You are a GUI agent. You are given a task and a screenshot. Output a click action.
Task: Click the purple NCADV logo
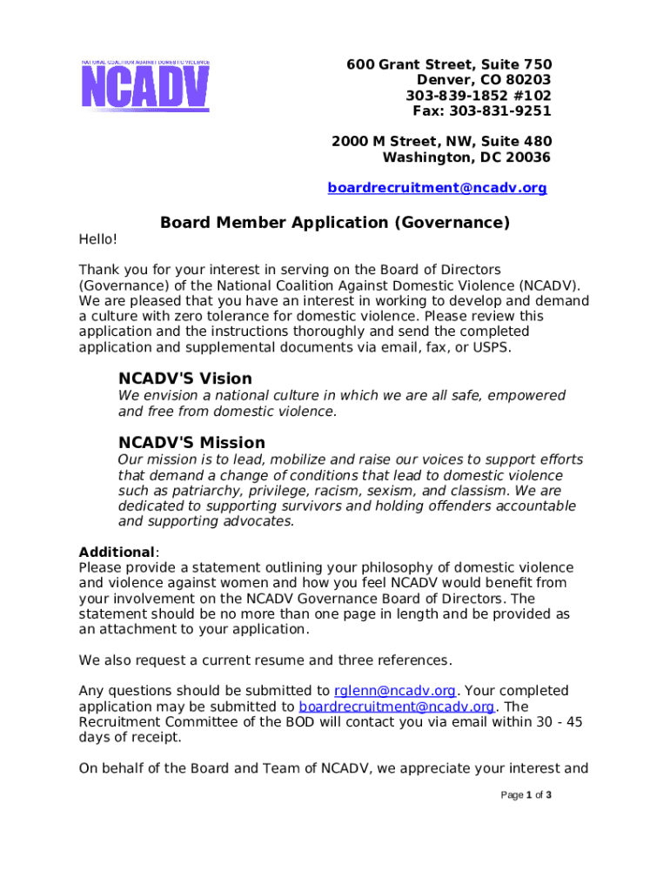click(145, 85)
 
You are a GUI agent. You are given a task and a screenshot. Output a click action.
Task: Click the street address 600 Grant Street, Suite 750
click(449, 65)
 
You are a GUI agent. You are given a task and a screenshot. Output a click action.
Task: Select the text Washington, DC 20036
click(466, 157)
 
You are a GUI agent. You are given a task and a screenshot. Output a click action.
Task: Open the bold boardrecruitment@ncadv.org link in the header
click(437, 188)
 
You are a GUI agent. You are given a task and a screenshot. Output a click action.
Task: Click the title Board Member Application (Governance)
click(335, 223)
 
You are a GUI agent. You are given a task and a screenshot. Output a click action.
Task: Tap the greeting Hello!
click(97, 239)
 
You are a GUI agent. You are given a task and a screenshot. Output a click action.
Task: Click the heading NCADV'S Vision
click(185, 379)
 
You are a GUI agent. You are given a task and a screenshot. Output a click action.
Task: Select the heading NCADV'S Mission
click(191, 442)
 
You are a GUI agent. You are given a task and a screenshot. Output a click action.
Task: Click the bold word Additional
click(117, 553)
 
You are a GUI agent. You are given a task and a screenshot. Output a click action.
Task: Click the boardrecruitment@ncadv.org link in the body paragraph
click(397, 707)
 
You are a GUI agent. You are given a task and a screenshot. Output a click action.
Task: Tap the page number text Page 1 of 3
click(526, 795)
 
